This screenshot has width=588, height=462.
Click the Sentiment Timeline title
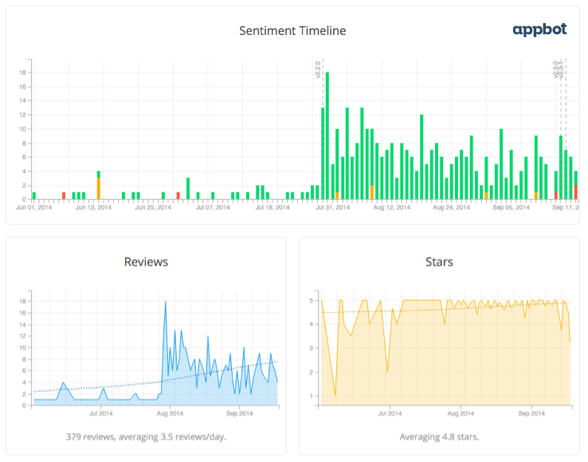[292, 31]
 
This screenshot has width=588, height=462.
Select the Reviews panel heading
[146, 261]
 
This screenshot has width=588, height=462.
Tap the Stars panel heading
[439, 261]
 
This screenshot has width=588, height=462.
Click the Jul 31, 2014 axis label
[331, 207]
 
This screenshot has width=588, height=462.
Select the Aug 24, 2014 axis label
[453, 207]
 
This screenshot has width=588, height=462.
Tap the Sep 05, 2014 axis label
[511, 207]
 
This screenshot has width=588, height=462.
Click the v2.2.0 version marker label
[318, 70]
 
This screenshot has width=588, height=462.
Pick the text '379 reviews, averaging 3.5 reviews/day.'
[146, 437]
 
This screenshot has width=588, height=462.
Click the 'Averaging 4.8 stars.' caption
[439, 437]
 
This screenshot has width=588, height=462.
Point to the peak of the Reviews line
[165, 302]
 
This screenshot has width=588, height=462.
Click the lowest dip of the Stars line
[335, 394]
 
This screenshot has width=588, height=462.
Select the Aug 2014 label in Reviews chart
[170, 414]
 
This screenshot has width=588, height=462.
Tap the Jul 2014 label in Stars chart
[388, 414]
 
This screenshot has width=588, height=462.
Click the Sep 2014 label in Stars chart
[531, 414]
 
